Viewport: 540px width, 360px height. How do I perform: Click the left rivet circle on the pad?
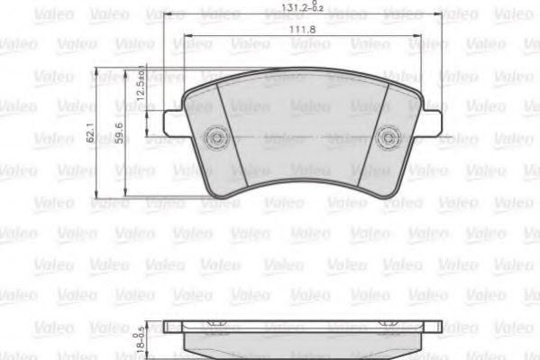(x=215, y=138)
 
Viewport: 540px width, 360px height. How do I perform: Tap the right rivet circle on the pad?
(x=389, y=138)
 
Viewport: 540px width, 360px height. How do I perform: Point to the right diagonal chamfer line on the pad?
(x=380, y=135)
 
